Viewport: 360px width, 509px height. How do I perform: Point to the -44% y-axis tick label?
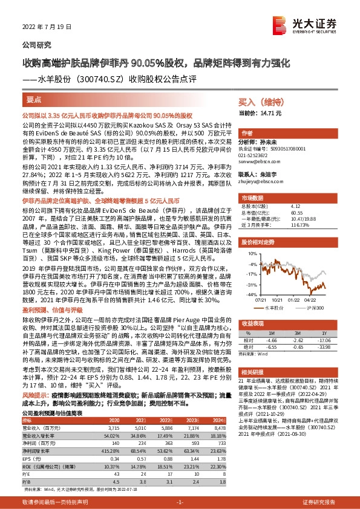point(248,294)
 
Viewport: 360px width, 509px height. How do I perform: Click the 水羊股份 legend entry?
point(275,308)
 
